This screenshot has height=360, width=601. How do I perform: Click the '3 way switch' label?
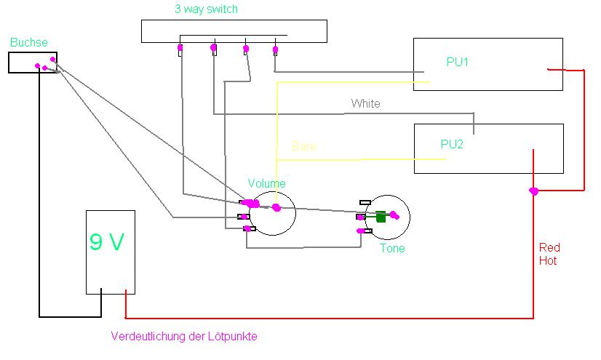(206, 9)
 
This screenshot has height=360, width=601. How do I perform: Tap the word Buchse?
(29, 42)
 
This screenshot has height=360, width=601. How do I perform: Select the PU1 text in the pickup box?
(457, 62)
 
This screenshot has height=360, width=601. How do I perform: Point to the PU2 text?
(452, 145)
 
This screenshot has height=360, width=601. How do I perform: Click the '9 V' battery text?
(107, 242)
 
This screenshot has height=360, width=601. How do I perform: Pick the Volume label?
(267, 183)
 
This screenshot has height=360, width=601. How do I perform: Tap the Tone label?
(392, 248)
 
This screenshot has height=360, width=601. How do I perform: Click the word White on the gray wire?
(366, 103)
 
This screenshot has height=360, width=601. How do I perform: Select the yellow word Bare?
(304, 146)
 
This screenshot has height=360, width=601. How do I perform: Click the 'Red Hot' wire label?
(549, 254)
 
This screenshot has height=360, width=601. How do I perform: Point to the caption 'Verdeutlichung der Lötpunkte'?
(184, 336)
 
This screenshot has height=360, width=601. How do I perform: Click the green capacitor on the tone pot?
(381, 217)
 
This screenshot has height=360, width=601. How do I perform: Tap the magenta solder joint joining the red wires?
(533, 191)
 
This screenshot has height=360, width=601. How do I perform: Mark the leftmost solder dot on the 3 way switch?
(180, 48)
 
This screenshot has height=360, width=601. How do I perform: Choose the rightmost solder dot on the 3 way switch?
(275, 49)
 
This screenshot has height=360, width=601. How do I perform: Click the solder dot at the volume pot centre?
(276, 207)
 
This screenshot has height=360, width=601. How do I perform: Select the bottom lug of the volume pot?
(249, 228)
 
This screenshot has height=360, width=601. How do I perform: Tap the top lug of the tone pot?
(365, 202)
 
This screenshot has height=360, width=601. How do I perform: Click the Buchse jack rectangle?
(33, 63)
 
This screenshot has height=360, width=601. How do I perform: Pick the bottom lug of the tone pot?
(365, 231)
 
